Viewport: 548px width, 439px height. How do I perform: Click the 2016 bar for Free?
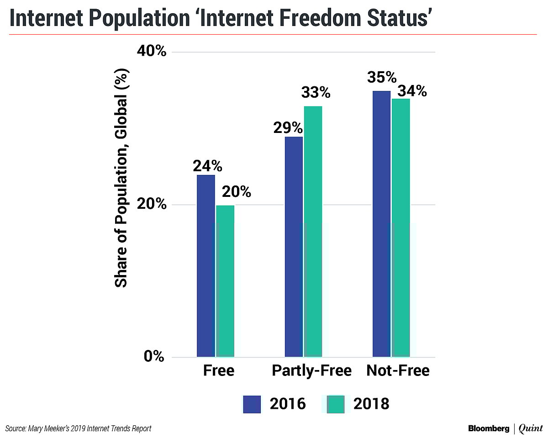click(x=205, y=265)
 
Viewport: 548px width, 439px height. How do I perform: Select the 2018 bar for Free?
click(x=225, y=281)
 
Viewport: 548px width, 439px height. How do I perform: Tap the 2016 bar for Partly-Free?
click(x=294, y=247)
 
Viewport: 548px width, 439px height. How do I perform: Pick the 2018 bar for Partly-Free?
click(x=313, y=231)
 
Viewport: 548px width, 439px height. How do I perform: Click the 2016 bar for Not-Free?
click(x=382, y=224)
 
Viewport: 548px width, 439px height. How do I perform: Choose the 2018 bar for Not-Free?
click(x=401, y=227)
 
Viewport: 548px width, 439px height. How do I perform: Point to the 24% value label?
click(x=207, y=165)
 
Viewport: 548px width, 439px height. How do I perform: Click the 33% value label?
click(x=316, y=93)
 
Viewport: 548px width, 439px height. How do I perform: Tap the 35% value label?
click(x=382, y=78)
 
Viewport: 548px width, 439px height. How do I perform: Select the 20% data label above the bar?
click(x=236, y=192)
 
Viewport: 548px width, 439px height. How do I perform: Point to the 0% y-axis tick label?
click(x=154, y=356)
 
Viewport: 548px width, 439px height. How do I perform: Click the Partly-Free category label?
click(x=312, y=370)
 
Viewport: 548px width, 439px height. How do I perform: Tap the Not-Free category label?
click(x=398, y=370)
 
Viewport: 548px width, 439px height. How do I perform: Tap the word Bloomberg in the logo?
click(x=488, y=428)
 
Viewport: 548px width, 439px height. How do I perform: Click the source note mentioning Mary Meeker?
click(x=78, y=428)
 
